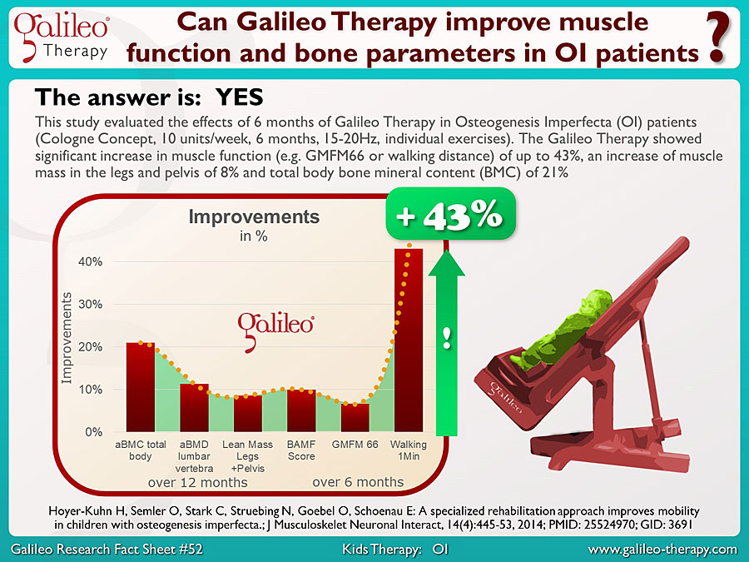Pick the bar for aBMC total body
(141, 387)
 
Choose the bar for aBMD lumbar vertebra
(194, 408)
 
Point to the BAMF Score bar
(301, 410)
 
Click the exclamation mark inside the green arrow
(447, 339)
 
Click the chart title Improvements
(254, 217)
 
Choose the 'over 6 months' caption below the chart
(358, 482)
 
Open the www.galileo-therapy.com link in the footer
(662, 550)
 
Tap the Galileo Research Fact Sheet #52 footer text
(107, 550)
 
